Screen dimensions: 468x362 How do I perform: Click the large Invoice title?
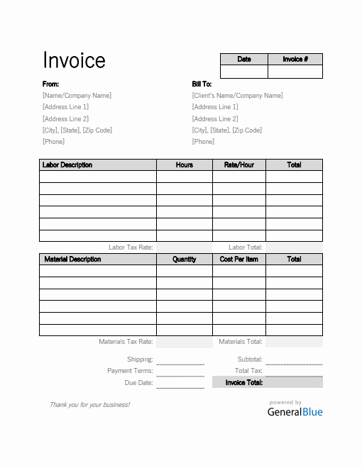[x=74, y=61]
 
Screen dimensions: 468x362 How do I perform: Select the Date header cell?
[x=243, y=60]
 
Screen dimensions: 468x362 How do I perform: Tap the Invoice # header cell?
[x=295, y=60]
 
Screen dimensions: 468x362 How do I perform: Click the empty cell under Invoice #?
[x=295, y=72]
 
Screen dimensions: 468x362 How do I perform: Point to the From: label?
[x=50, y=84]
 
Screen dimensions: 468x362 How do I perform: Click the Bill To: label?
[x=202, y=84]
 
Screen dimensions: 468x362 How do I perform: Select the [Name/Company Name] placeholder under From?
[x=77, y=96]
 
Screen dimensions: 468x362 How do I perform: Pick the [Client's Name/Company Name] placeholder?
[x=237, y=96]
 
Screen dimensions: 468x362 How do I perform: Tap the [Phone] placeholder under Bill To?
[x=203, y=142]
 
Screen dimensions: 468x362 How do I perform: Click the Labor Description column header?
[x=67, y=165]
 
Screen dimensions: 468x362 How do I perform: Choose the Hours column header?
[x=185, y=165]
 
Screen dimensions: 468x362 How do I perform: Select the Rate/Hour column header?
[x=239, y=165]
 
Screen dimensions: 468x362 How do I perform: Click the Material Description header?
[x=72, y=260]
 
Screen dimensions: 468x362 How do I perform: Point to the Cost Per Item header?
[x=239, y=260]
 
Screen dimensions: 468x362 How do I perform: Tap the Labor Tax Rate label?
[x=130, y=247]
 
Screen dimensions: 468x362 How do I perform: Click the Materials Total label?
[x=241, y=342]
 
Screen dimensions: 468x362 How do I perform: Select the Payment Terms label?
[x=130, y=371]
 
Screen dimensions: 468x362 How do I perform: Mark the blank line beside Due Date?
[x=180, y=385]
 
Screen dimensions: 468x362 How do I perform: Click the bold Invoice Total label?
[x=244, y=383]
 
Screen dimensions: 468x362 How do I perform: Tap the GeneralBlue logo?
[x=295, y=412]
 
